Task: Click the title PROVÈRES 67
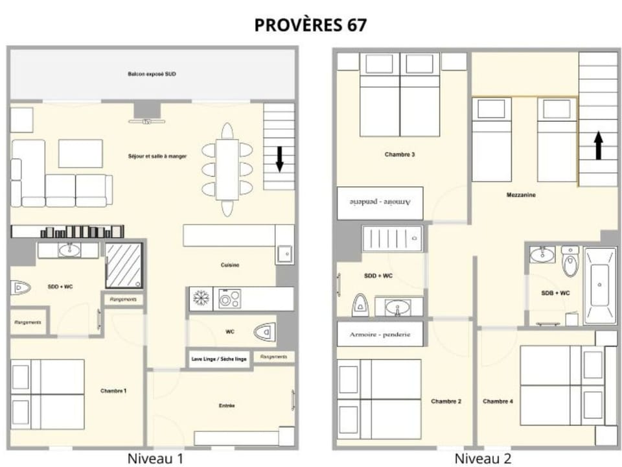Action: [310, 25]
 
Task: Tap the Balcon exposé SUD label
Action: [152, 75]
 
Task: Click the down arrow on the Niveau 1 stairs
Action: [280, 159]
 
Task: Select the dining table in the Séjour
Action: [227, 169]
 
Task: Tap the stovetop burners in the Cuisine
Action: [229, 299]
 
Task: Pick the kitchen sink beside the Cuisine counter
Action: [284, 253]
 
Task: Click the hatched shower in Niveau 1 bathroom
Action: [123, 265]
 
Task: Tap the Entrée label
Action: [227, 406]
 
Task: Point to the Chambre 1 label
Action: [113, 391]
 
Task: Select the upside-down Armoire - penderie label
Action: [380, 203]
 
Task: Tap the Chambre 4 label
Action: [498, 401]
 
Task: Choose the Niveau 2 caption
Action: [482, 459]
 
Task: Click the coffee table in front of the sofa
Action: [80, 154]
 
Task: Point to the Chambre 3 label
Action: [400, 154]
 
